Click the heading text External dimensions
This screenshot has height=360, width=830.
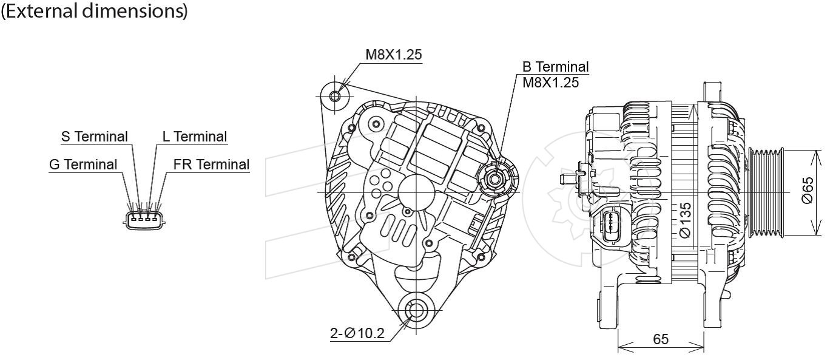(94, 11)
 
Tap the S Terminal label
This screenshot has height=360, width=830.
(95, 137)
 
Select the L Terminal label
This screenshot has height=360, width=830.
(195, 137)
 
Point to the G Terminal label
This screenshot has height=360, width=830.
(83, 165)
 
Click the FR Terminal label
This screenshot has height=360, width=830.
(211, 165)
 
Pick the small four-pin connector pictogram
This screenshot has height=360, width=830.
(144, 220)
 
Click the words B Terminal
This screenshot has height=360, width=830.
(555, 67)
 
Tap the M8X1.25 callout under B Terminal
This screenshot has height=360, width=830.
(550, 83)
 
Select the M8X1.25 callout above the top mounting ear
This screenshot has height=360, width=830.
(394, 55)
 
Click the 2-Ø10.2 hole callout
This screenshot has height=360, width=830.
(357, 333)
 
